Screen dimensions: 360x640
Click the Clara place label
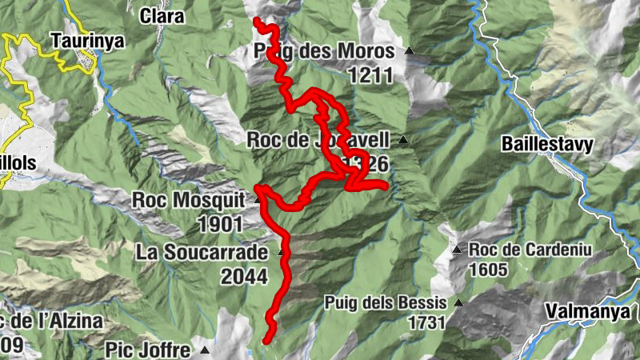(162, 15)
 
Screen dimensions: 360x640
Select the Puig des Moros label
(324, 52)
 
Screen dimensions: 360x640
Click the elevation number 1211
(371, 76)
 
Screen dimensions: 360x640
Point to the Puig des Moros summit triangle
(410, 51)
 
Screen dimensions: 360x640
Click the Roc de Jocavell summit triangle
(403, 141)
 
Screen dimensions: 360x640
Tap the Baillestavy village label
(547, 145)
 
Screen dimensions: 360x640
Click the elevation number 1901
(214, 224)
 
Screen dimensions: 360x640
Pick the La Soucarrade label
(201, 253)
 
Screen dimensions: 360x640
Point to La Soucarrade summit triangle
(281, 253)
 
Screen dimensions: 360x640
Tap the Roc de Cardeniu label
(530, 250)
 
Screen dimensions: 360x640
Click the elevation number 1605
(488, 270)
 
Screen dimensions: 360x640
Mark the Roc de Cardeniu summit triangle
(457, 250)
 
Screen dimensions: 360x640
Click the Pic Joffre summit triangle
(206, 350)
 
